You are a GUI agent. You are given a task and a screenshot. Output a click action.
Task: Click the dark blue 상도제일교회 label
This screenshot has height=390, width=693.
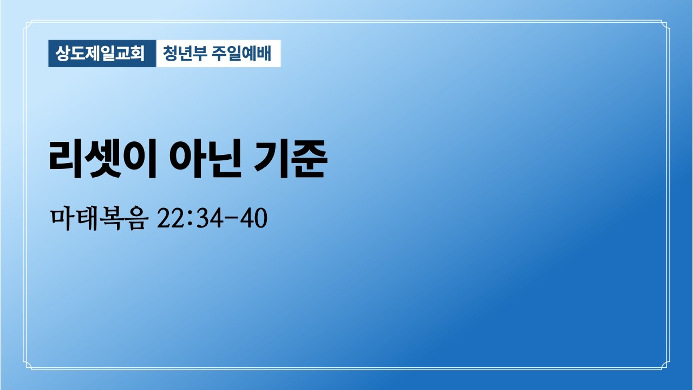coord(102,54)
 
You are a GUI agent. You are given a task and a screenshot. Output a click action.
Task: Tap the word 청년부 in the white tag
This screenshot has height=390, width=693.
coord(185,54)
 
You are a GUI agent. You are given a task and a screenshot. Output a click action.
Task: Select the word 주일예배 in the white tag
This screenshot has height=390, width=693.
coord(242,54)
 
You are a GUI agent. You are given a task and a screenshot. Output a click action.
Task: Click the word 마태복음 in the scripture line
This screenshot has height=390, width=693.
coord(97,219)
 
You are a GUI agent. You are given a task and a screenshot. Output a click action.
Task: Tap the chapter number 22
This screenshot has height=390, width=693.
coord(168,219)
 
